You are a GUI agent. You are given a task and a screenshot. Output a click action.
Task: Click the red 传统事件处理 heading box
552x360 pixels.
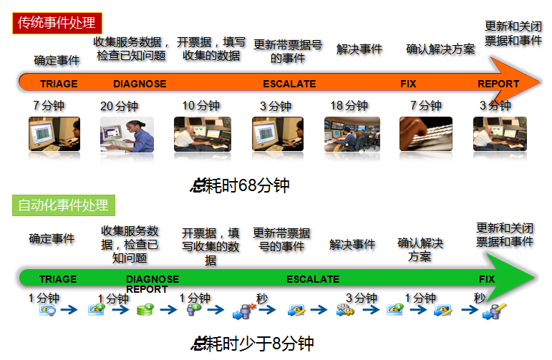pos(57,23)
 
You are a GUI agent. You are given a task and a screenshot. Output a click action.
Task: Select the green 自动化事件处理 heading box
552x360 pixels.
pos(64,205)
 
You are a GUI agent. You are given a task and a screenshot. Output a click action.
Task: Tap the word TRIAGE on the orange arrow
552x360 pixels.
pos(59,84)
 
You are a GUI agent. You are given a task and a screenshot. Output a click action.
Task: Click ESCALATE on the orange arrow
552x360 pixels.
pos(289,84)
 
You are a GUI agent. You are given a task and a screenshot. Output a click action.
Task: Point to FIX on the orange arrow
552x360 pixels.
pos(408,84)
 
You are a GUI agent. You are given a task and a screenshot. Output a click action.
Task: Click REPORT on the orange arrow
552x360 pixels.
pos(498,84)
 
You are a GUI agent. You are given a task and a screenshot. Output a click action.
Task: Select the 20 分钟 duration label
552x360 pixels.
pos(119,106)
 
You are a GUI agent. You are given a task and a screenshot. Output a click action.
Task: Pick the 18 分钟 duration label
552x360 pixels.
pos(349,105)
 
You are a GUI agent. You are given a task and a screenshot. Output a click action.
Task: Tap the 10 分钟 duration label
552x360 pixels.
pos(200,105)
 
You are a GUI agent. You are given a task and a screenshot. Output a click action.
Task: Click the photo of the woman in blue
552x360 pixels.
pos(127,134)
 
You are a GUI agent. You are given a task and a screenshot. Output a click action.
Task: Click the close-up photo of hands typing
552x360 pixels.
pos(426,134)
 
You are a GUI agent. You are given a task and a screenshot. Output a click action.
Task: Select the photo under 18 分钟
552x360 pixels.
pos(352,134)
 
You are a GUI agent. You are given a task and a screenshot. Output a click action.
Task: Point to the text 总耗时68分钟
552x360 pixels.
pos(240,185)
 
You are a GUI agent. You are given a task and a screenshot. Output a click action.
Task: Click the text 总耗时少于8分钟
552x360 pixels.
pos(252,344)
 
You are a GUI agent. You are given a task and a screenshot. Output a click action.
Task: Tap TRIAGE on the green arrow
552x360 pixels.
pos(58,279)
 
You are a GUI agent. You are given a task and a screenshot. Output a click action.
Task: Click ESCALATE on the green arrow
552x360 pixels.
pos(313,279)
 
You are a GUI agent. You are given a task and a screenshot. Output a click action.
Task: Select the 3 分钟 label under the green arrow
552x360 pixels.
pos(362,298)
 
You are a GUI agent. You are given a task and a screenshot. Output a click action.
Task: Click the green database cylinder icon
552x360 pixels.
pos(145,309)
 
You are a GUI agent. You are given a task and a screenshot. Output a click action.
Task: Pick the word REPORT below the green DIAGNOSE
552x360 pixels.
pos(147,289)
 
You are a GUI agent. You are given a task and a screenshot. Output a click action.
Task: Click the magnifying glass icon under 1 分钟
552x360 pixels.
pos(47,311)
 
